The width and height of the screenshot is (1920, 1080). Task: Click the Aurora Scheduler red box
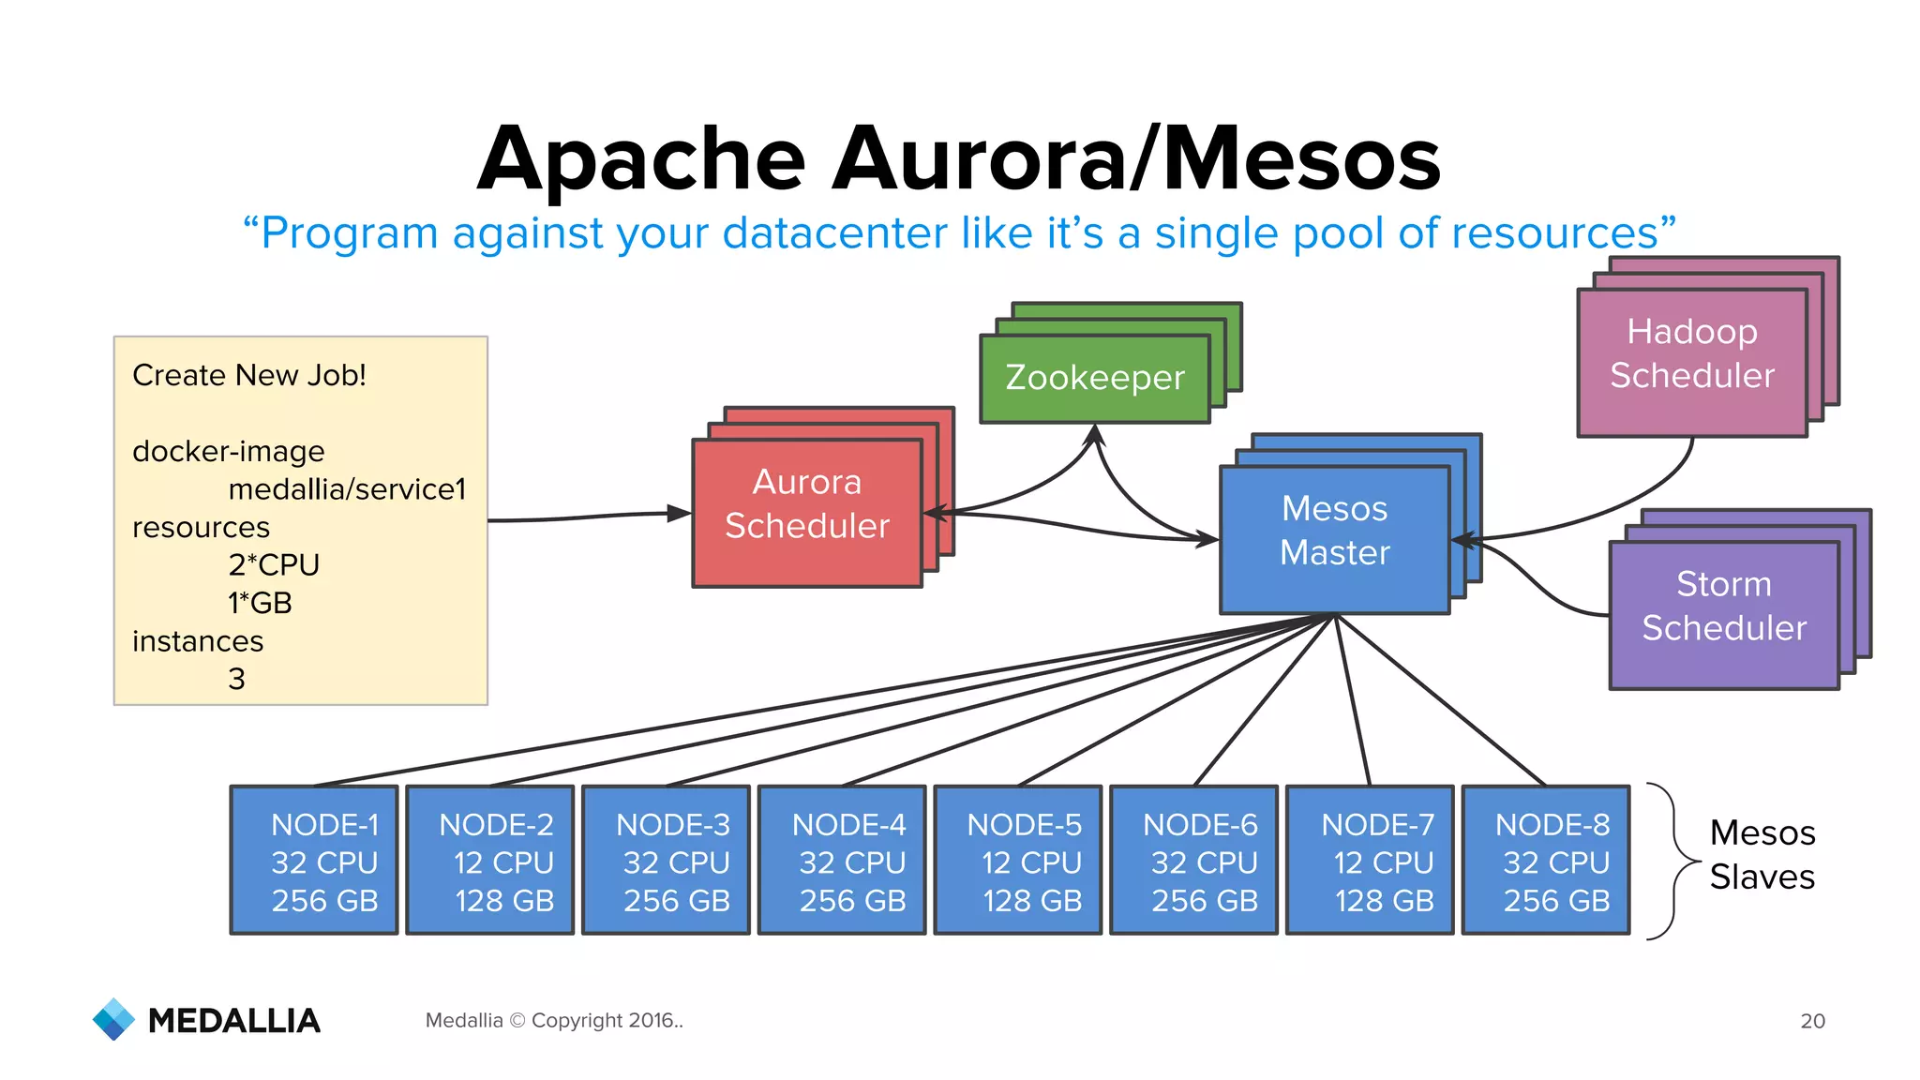coord(807,512)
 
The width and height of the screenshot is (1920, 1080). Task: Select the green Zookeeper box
coord(1094,379)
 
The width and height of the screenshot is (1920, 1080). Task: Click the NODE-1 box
coord(314,860)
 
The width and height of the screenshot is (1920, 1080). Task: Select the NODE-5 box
coord(1018,860)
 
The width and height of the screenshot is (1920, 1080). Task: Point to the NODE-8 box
coord(1546,860)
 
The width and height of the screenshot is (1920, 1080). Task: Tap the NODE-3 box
coord(667,860)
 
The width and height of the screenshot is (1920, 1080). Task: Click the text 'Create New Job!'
coord(249,375)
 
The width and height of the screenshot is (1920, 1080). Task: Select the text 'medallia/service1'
coord(347,489)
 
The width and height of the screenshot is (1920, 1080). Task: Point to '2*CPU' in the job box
coord(274,565)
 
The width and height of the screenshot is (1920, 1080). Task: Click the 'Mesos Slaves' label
coord(1762,854)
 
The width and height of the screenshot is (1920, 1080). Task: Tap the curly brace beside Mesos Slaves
coord(1674,860)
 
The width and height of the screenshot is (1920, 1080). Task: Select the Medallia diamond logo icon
coord(114,1019)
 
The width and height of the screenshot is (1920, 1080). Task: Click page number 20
coord(1812,1021)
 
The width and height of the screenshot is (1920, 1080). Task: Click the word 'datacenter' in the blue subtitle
coord(834,232)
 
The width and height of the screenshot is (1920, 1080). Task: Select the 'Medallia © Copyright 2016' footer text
coord(553,1020)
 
